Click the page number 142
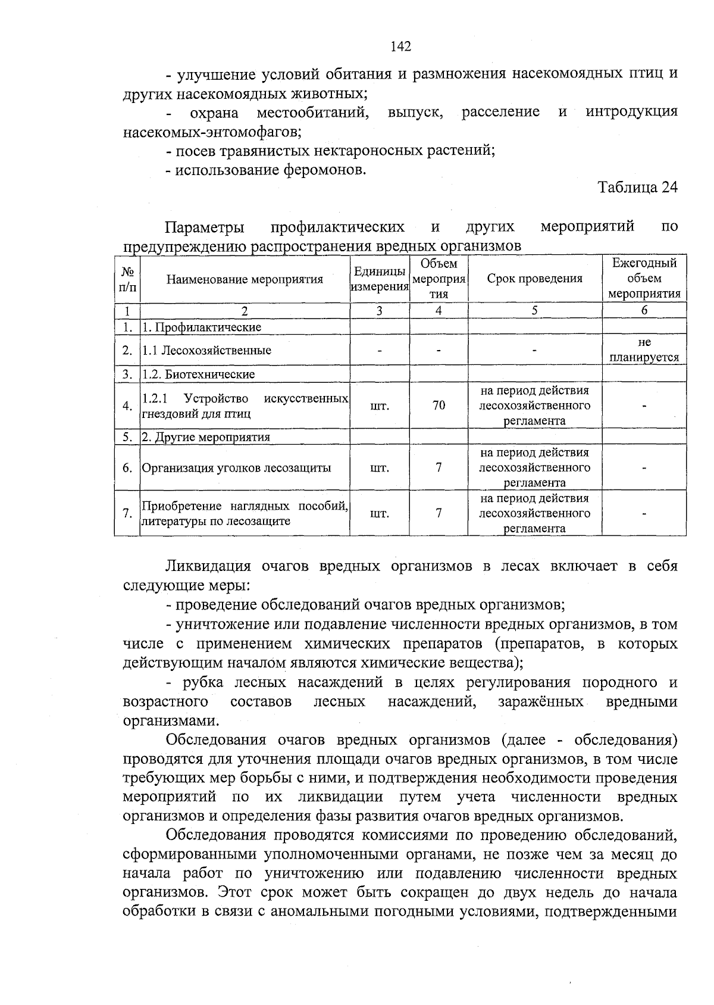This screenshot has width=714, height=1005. tap(400, 46)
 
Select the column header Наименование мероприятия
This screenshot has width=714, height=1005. tap(245, 279)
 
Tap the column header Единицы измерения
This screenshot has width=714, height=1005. tap(380, 279)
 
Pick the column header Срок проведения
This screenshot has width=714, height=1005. tap(534, 279)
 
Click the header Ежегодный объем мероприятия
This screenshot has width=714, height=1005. tap(644, 278)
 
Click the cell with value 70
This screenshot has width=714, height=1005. tap(439, 405)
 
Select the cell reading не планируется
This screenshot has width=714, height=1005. tap(644, 350)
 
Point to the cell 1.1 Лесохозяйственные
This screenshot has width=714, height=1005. tap(206, 350)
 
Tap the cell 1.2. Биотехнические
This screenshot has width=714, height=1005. tap(198, 374)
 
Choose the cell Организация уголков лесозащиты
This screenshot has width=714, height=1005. tap(236, 468)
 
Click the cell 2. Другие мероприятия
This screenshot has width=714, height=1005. tap(206, 437)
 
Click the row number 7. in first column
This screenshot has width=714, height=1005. tap(127, 513)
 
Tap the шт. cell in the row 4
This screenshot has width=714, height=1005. tap(380, 406)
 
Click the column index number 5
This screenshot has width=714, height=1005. tap(534, 310)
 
